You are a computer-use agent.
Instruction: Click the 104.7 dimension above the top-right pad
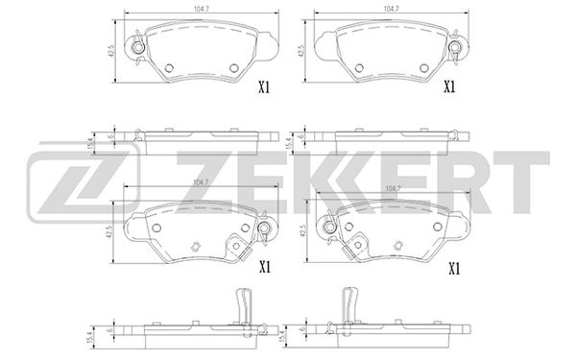pyautogui.click(x=390, y=8)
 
